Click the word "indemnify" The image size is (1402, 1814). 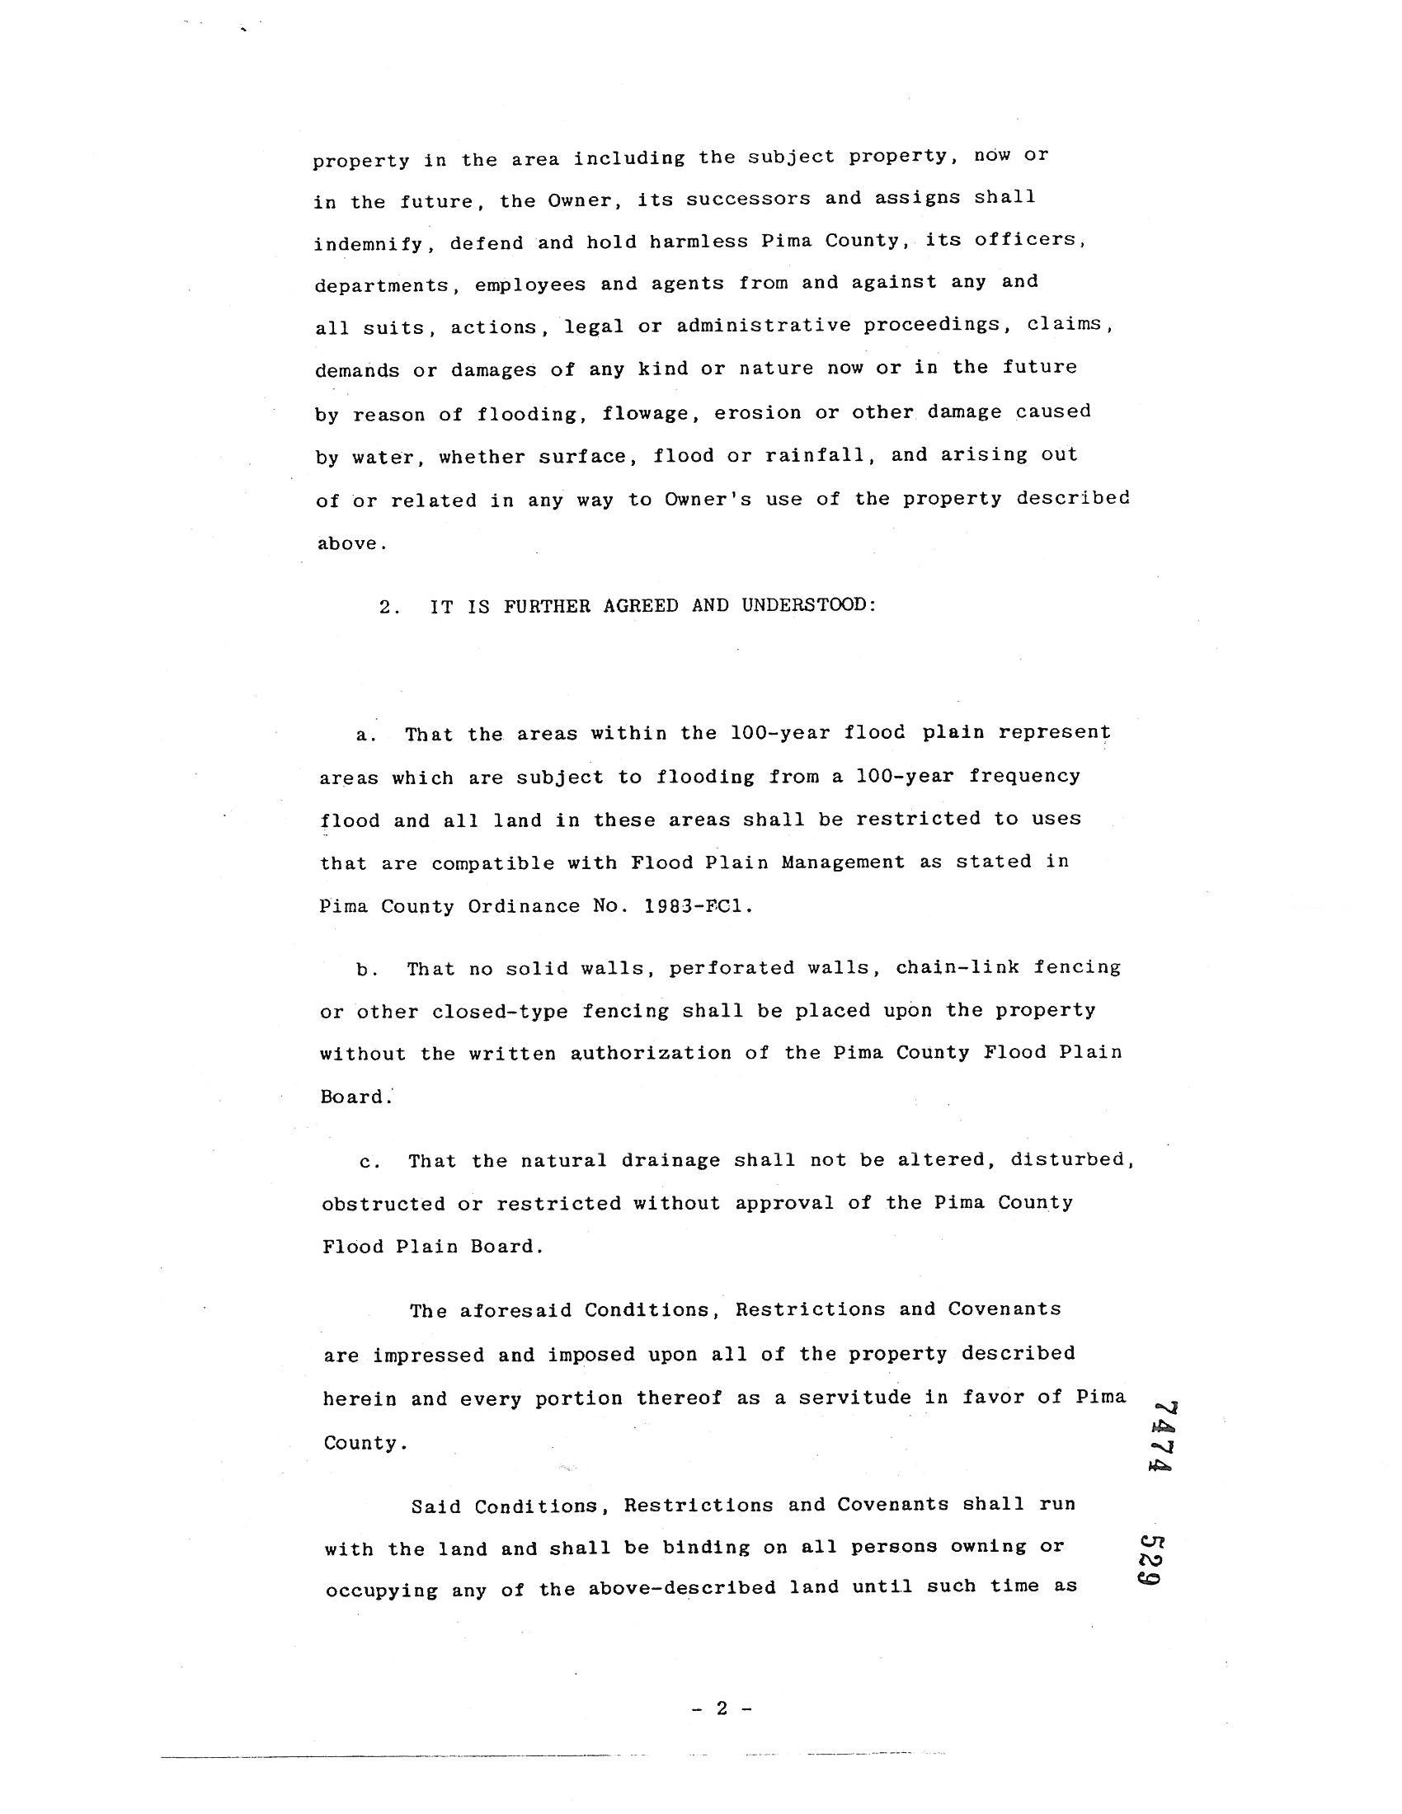pos(374,244)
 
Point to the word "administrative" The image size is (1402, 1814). pos(764,326)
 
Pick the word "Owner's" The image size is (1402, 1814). pos(708,499)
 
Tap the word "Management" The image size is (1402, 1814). pos(842,862)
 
